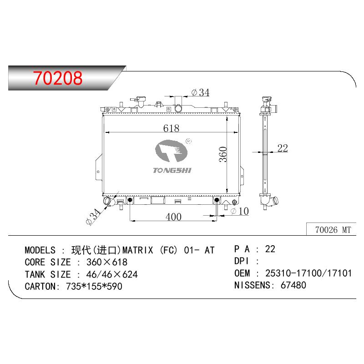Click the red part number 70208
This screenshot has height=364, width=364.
point(58,78)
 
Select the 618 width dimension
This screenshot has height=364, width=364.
point(171,128)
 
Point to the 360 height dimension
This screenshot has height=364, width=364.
point(223,154)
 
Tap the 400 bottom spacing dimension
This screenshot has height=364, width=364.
point(173,217)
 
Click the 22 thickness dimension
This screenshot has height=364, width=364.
point(283,148)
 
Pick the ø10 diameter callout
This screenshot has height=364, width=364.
point(240,211)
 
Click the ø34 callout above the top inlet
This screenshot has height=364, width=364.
point(200,92)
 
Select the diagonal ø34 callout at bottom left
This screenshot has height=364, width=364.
point(93,217)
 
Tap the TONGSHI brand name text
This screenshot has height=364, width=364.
point(172,170)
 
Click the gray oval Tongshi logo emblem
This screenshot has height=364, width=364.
point(172,151)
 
